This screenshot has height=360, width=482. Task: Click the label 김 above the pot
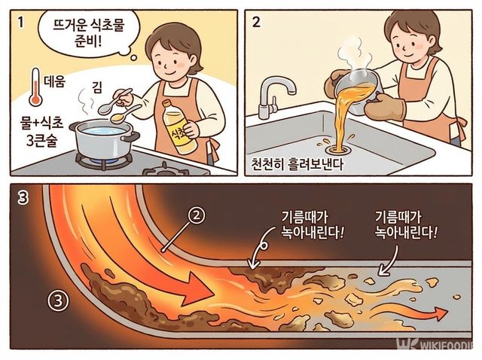96,87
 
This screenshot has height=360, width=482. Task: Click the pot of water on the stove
105,139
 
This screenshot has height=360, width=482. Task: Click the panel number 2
257,22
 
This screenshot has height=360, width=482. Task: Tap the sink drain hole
328,144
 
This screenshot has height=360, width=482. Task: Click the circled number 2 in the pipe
195,216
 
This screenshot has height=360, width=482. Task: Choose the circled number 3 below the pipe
59,300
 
